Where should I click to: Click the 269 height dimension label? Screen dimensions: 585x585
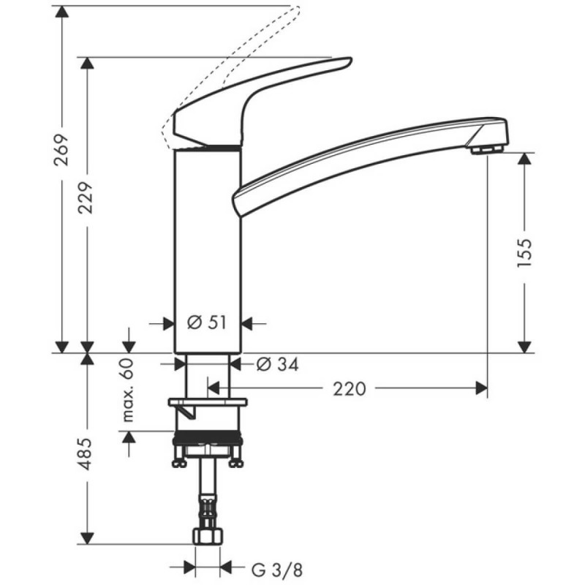63,151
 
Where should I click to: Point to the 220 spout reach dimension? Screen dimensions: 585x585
349,389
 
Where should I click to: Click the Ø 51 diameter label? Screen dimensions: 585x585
207,322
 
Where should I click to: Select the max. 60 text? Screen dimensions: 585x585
129,391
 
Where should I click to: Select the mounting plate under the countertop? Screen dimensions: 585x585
208,402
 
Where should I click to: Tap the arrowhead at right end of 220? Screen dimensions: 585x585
481,388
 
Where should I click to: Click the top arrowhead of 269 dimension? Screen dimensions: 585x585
63,13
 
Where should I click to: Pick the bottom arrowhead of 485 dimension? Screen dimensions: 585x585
88,538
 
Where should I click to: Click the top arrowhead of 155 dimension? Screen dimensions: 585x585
524,159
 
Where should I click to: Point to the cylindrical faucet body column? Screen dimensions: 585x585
207,249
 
